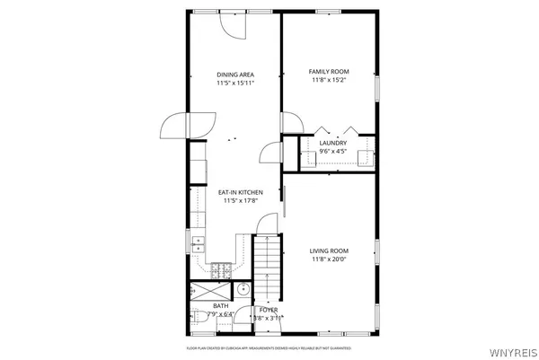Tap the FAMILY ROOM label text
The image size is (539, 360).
point(329,72)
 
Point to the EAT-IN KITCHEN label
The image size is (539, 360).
point(240,192)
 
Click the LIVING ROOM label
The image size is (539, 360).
point(329,250)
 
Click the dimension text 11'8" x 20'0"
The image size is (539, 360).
point(329,260)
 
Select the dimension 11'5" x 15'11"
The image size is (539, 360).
point(235,83)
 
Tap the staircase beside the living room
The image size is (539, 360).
point(267,265)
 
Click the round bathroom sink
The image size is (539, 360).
point(243,290)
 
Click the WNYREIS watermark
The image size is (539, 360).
point(514,352)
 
